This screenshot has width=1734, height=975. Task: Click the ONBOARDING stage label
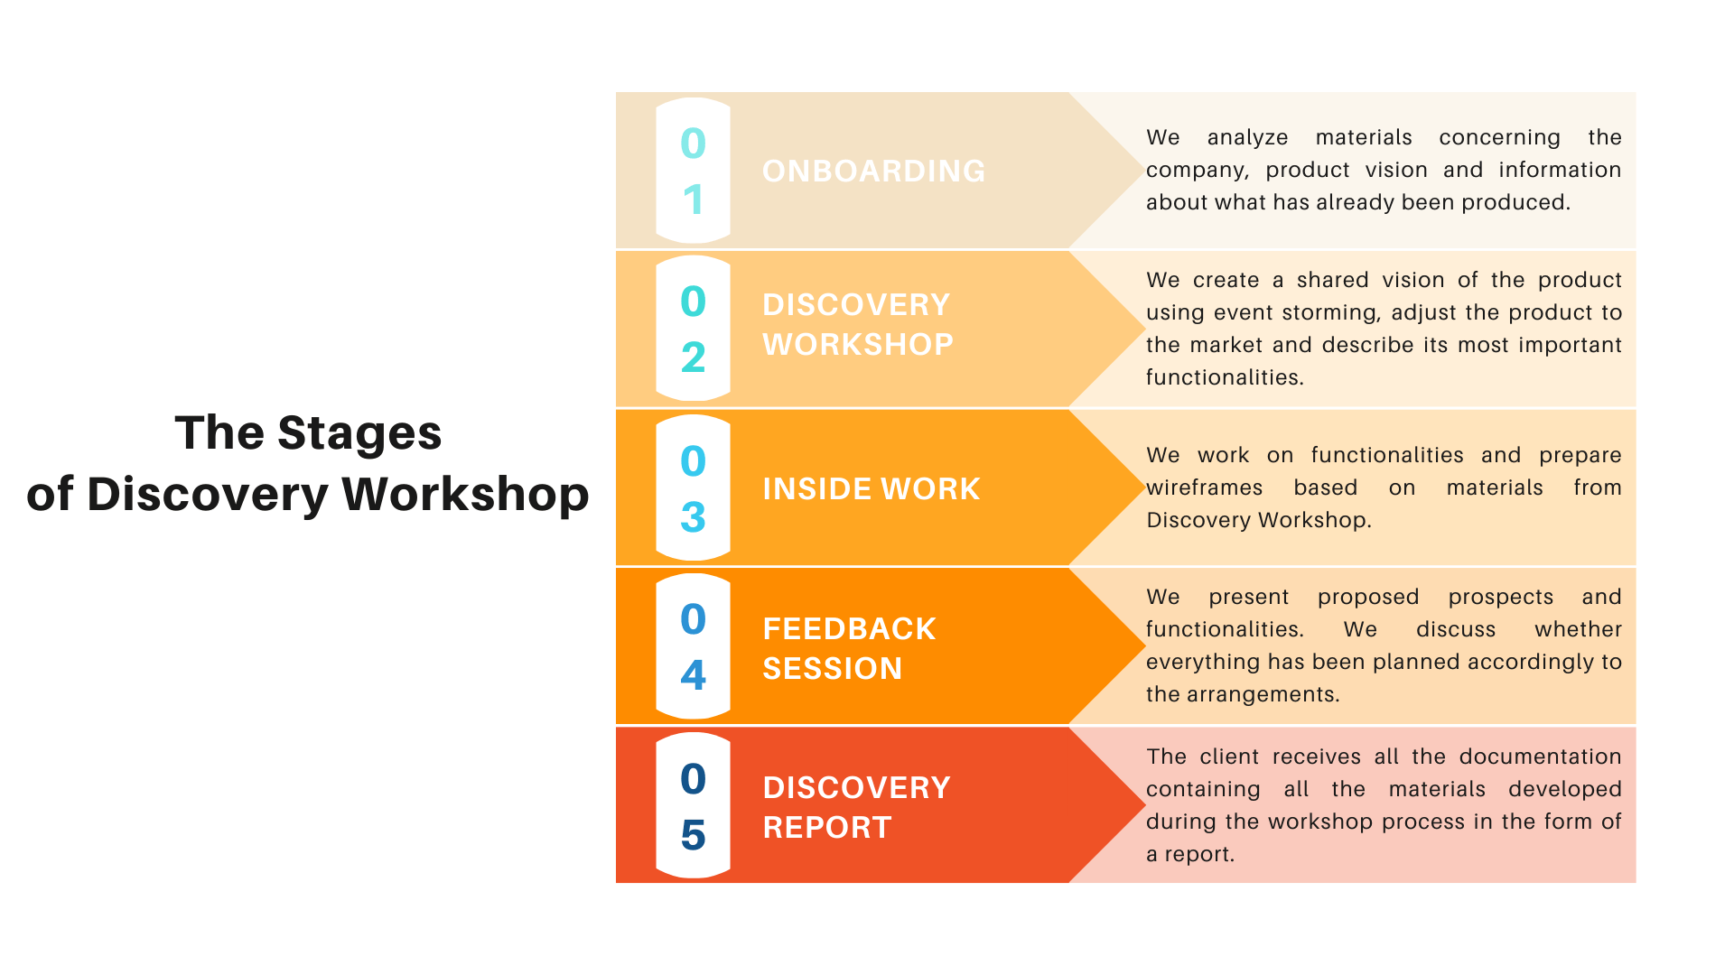coord(873,171)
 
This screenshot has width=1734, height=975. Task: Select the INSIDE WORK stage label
coord(872,488)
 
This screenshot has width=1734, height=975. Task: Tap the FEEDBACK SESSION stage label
coord(849,648)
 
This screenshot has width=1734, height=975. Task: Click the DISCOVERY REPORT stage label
coord(856,807)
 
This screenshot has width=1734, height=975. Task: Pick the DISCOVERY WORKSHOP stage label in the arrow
coord(858,324)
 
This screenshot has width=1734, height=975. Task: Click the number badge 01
coord(693,171)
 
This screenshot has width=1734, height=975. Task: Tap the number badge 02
coord(693,329)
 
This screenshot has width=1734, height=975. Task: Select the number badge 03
coord(693,487)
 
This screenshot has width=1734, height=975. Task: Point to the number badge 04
coord(693,646)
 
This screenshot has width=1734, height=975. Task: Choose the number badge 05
coord(693,805)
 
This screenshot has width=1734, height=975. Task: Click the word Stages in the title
coord(359,434)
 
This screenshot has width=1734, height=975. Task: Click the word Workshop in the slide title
coord(465,494)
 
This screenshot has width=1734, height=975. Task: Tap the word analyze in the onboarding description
coord(1247,138)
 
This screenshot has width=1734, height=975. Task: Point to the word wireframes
coord(1205,487)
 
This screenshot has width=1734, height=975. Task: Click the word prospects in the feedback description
coord(1501,598)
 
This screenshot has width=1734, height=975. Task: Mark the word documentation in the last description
coord(1541,757)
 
